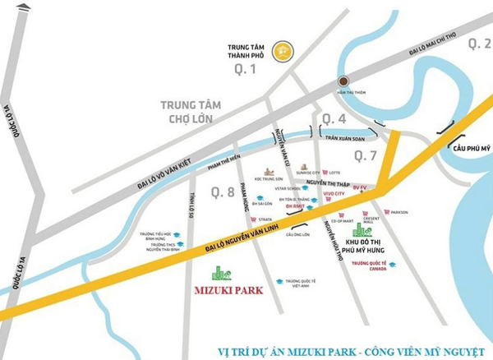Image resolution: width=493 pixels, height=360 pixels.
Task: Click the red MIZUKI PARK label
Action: pos(224,289)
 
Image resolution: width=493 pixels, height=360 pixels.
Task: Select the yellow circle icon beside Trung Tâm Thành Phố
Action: pos(284,51)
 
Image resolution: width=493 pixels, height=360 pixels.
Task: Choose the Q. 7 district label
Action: pos(364,155)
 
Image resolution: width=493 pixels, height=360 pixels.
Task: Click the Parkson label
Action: pos(399,213)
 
